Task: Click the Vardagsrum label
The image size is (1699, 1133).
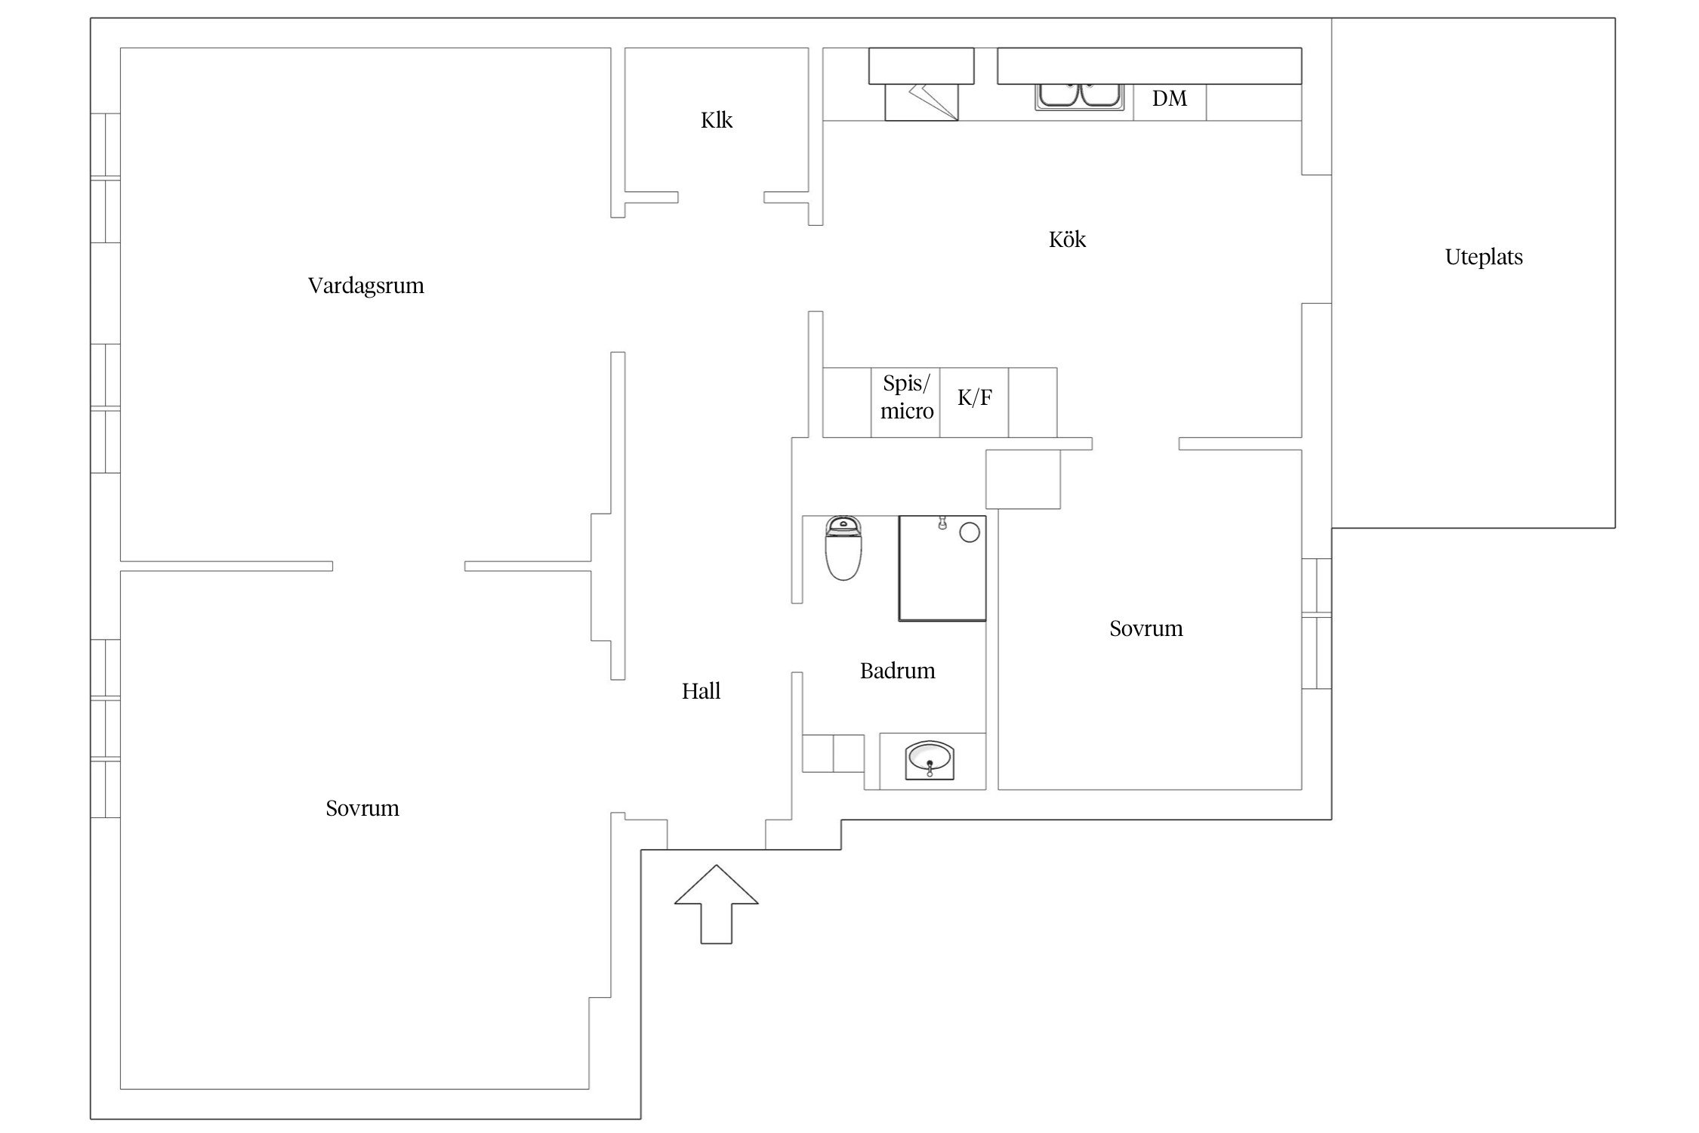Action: click(366, 286)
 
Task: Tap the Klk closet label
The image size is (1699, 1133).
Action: click(717, 120)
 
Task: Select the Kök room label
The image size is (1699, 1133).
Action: click(1067, 239)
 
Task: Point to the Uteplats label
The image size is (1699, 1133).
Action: click(1484, 258)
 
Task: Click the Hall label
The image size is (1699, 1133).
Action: click(701, 691)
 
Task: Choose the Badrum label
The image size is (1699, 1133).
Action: click(897, 671)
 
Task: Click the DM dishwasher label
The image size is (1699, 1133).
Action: click(1170, 98)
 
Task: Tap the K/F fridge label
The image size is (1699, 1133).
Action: click(975, 397)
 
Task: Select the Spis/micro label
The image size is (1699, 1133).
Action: click(907, 397)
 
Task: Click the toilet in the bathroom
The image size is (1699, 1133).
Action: click(843, 548)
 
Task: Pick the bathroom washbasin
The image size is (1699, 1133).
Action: click(930, 759)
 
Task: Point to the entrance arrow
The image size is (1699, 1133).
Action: click(716, 904)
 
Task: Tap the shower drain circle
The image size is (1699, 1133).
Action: click(970, 533)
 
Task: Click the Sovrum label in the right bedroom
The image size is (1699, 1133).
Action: click(1146, 629)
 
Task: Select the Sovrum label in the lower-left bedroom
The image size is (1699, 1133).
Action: click(362, 809)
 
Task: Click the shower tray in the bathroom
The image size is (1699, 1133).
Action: click(942, 569)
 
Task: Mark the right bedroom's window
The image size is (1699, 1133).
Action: click(1316, 623)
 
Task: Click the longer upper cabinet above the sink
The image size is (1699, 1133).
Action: click(1149, 66)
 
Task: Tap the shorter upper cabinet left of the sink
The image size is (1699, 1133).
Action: click(921, 66)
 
